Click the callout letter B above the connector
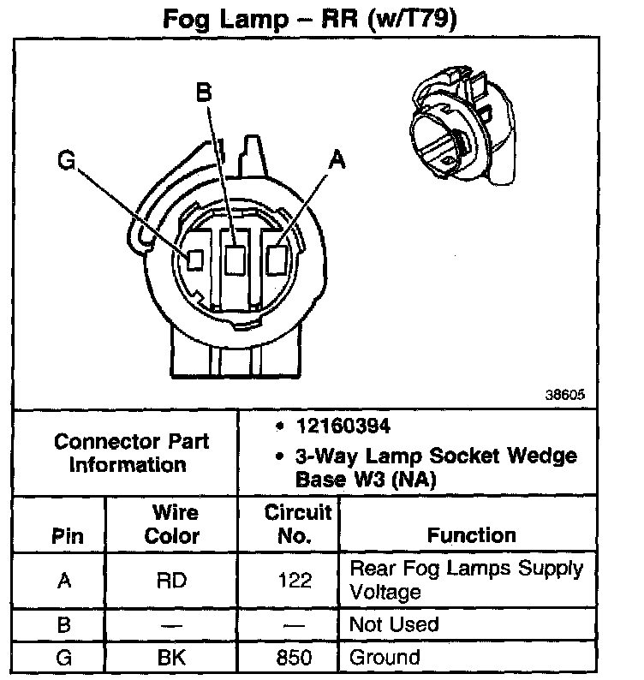click(204, 92)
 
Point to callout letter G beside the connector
click(66, 160)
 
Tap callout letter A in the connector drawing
click(337, 159)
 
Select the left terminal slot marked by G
click(194, 259)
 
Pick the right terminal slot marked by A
click(277, 258)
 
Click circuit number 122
click(295, 581)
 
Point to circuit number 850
click(295, 658)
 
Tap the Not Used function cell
click(394, 624)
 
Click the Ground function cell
click(385, 658)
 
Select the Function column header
click(472, 535)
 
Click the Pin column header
click(68, 537)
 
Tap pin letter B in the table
click(63, 624)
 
